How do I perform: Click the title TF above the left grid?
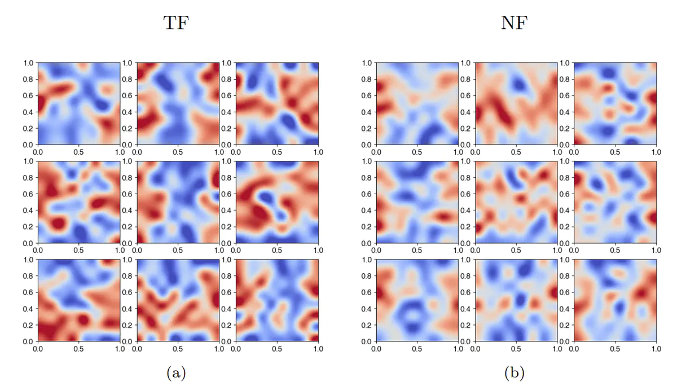[x=175, y=23]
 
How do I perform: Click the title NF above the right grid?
[x=513, y=23]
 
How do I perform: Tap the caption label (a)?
[x=175, y=372]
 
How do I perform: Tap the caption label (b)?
[x=513, y=372]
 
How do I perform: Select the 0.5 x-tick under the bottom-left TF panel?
[x=78, y=349]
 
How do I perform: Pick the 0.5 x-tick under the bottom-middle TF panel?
[x=178, y=349]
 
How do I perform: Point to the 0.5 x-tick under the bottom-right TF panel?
[x=277, y=349]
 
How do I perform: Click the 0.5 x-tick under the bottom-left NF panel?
[x=417, y=349]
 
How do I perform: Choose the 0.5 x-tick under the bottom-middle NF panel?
[x=516, y=349]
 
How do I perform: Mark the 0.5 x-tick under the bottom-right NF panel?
[x=615, y=349]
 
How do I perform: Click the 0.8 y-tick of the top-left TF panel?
[x=28, y=80]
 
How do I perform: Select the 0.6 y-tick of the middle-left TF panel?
[x=28, y=194]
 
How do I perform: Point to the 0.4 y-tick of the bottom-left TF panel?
[x=28, y=309]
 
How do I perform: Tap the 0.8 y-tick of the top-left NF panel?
[x=366, y=80]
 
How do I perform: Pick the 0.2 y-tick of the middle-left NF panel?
[x=366, y=227]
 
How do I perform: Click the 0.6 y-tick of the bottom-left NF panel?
[x=366, y=293]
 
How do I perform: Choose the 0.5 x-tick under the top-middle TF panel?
[x=178, y=152]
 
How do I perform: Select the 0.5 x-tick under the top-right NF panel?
[x=615, y=152]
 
